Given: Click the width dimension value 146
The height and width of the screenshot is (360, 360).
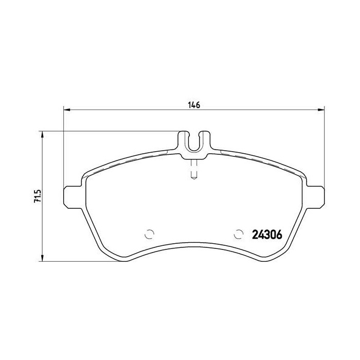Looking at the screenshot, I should click(x=193, y=105).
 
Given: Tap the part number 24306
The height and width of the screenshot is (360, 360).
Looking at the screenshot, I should click(x=267, y=234).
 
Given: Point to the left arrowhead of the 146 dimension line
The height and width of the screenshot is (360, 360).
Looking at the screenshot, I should click(x=66, y=110).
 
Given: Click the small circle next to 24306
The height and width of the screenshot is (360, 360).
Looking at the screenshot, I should click(x=238, y=233).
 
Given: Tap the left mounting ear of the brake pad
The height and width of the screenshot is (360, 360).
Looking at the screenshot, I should click(x=71, y=197).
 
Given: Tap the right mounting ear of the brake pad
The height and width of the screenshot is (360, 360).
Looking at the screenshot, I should click(x=316, y=197).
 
